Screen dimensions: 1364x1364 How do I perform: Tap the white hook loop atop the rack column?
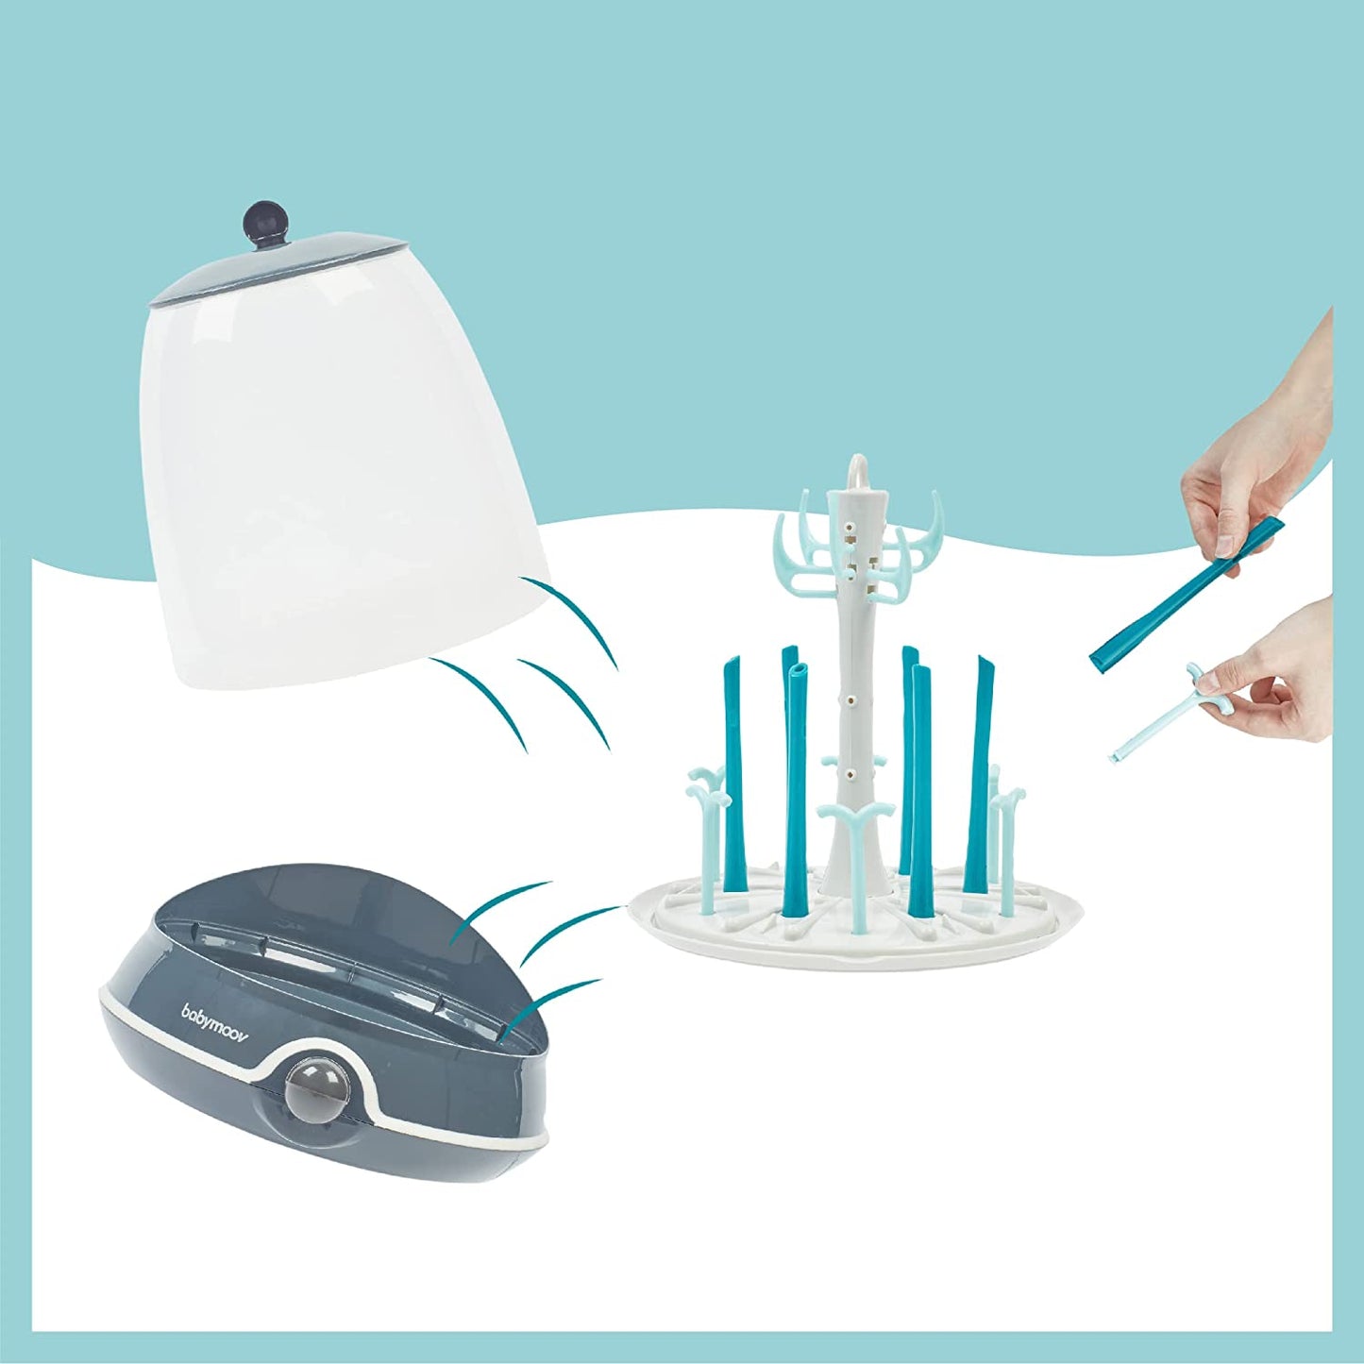click(857, 469)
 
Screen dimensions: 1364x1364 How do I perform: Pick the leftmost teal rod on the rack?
click(735, 755)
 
